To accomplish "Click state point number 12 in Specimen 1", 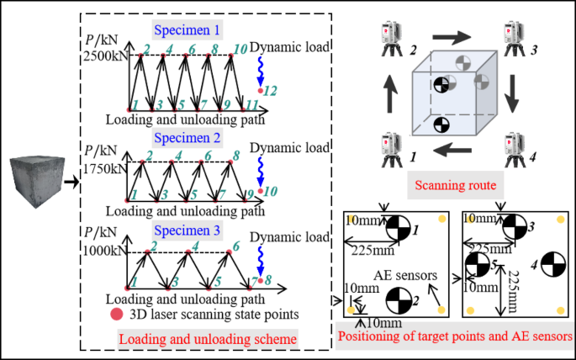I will pyautogui.click(x=262, y=89).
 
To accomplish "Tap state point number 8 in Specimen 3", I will pyautogui.click(x=262, y=281).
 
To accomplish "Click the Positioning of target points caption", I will pyautogui.click(x=454, y=337).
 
